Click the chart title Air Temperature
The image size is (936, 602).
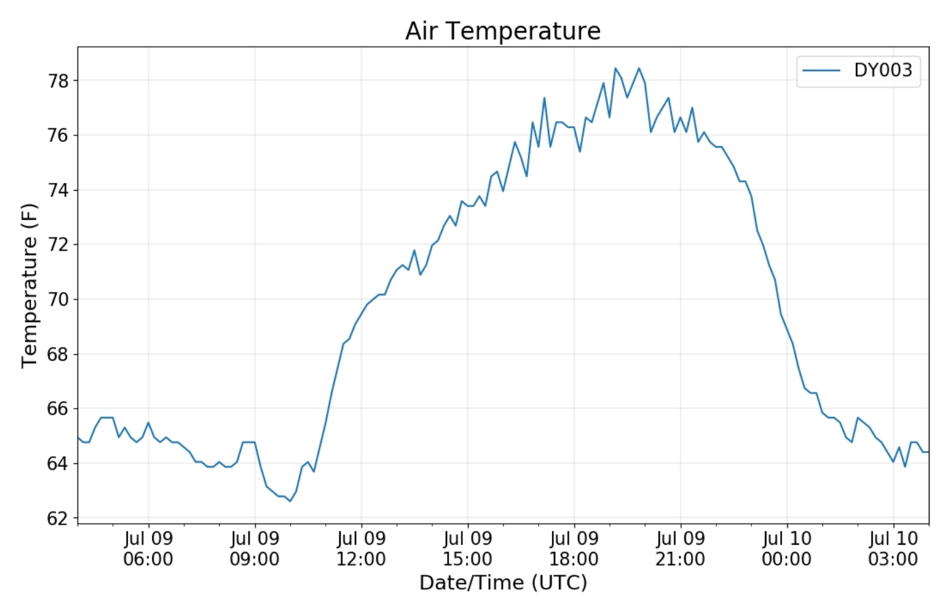pyautogui.click(x=502, y=31)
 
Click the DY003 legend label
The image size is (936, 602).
pyautogui.click(x=883, y=70)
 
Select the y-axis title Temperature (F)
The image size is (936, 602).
pyautogui.click(x=29, y=286)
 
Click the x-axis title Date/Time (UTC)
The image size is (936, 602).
pyautogui.click(x=502, y=582)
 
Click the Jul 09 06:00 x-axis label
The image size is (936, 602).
pyautogui.click(x=148, y=549)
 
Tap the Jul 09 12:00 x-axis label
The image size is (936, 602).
pyautogui.click(x=361, y=549)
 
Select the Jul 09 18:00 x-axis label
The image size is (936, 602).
pyautogui.click(x=574, y=549)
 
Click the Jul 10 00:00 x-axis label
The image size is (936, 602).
pyautogui.click(x=786, y=549)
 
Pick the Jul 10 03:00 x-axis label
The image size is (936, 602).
pyautogui.click(x=893, y=549)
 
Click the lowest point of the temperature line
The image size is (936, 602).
pyautogui.click(x=290, y=500)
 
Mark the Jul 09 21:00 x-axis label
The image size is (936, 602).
pyautogui.click(x=680, y=549)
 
